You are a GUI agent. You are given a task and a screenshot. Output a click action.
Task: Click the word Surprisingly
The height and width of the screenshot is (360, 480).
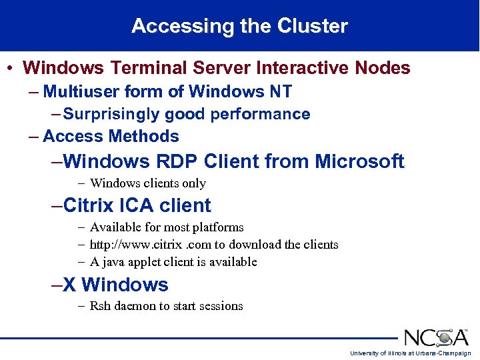111,114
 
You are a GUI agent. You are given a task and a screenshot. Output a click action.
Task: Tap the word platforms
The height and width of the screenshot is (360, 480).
217,227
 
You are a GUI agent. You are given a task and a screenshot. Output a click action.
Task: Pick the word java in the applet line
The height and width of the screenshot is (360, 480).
115,262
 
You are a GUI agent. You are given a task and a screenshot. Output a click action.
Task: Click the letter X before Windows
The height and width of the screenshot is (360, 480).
69,285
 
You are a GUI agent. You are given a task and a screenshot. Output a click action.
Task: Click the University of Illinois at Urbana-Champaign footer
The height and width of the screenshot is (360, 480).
411,353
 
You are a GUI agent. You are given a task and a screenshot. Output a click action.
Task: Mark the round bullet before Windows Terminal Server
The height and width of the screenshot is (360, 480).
11,69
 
